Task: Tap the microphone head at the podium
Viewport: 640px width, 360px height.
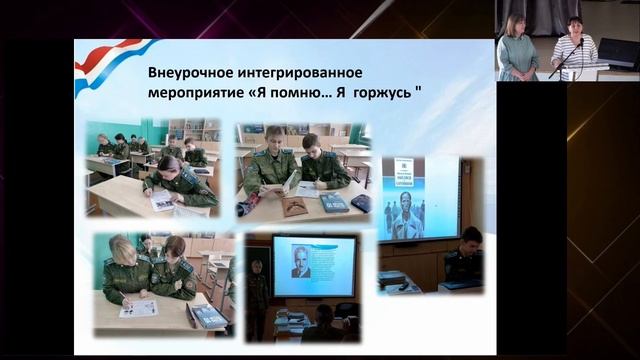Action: tap(580, 43)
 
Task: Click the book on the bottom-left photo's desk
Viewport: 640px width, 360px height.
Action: tap(209, 316)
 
